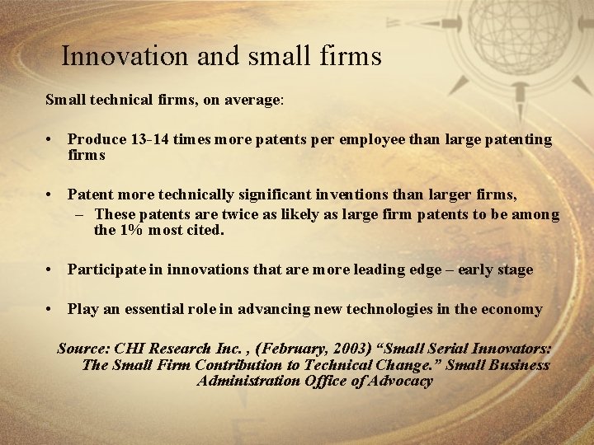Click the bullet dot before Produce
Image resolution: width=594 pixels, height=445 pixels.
coord(51,140)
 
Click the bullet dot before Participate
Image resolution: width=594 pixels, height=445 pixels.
coord(51,269)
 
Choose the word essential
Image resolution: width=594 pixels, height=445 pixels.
coord(155,309)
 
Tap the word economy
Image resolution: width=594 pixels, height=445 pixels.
coord(511,309)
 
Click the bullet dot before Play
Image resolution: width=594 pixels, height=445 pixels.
coord(51,309)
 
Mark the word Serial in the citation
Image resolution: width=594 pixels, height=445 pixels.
coord(441,349)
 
